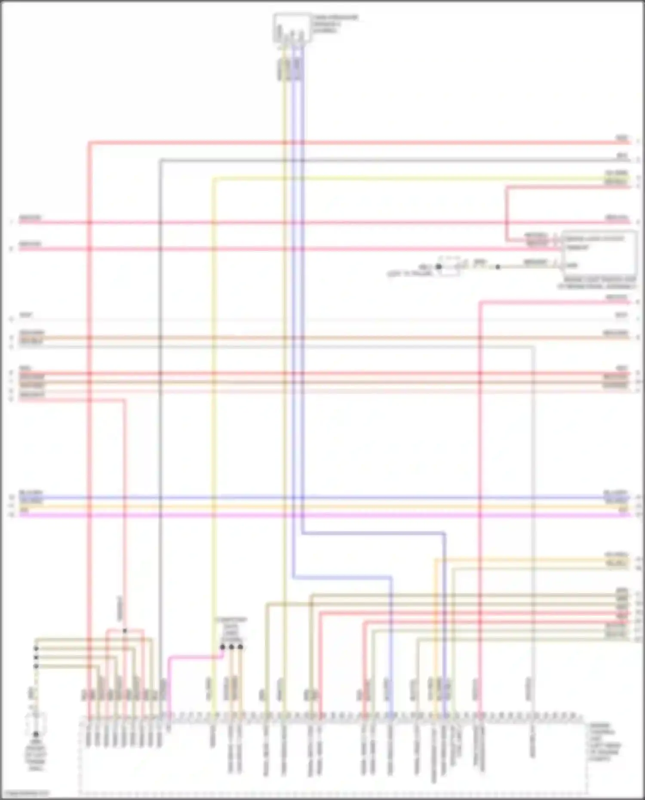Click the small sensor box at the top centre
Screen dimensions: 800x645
[x=292, y=28]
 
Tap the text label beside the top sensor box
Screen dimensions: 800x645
[x=335, y=24]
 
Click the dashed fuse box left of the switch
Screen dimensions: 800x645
[x=448, y=266]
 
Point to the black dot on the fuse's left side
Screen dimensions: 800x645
[x=439, y=267]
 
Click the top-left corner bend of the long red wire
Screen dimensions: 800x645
[x=89, y=142]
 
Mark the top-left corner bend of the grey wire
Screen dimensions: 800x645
[x=160, y=160]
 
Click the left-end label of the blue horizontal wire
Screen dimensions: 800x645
[x=31, y=493]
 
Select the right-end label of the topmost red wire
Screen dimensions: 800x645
[x=622, y=138]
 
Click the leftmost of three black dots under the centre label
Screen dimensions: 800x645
[x=222, y=647]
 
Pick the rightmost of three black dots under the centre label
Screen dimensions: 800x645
[x=240, y=647]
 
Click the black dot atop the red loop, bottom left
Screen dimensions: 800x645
[x=125, y=631]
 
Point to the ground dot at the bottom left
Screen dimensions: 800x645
[x=36, y=734]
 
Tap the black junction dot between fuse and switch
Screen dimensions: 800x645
[x=498, y=267]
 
